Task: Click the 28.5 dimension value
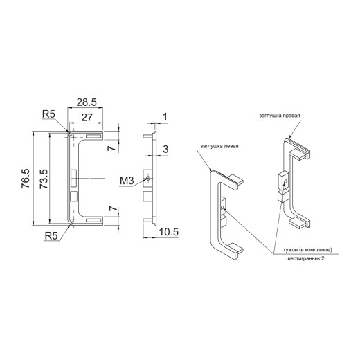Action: pyautogui.click(x=87, y=102)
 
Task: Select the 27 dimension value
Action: pyautogui.click(x=87, y=118)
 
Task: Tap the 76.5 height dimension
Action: pyautogui.click(x=26, y=179)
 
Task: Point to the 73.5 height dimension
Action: pyautogui.click(x=44, y=179)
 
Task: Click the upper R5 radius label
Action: pyautogui.click(x=48, y=114)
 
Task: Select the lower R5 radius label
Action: pyautogui.click(x=51, y=236)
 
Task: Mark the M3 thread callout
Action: pyautogui.click(x=127, y=181)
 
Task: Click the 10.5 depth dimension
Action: pyautogui.click(x=169, y=232)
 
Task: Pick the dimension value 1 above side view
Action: pyautogui.click(x=165, y=117)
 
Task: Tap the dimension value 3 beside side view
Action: pyautogui.click(x=165, y=150)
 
